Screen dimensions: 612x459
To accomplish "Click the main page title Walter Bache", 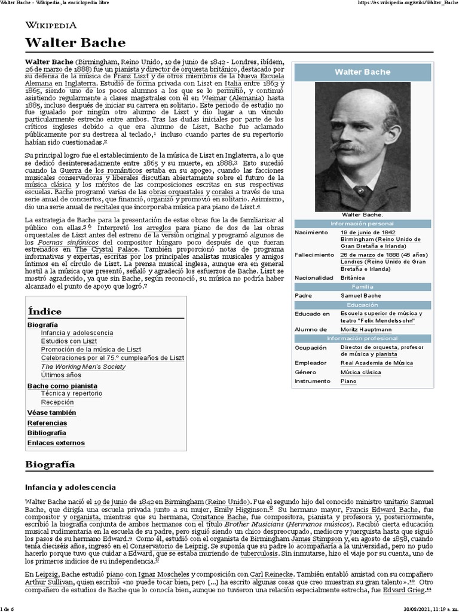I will coord(75,42).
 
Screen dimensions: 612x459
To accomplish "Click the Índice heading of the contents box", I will coord(45,311).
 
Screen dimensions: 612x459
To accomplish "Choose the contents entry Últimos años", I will coord(61,375).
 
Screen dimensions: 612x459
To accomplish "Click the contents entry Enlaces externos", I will coord(56,443).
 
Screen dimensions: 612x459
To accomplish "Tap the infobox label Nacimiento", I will coord(314,232).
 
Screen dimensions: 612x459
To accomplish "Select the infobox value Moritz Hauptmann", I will coord(366,329).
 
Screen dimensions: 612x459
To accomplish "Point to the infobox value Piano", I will coord(348,381).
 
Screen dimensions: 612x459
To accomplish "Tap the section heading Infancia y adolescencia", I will coord(70,487).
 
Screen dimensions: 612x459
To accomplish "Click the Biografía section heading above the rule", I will coord(50,464).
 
